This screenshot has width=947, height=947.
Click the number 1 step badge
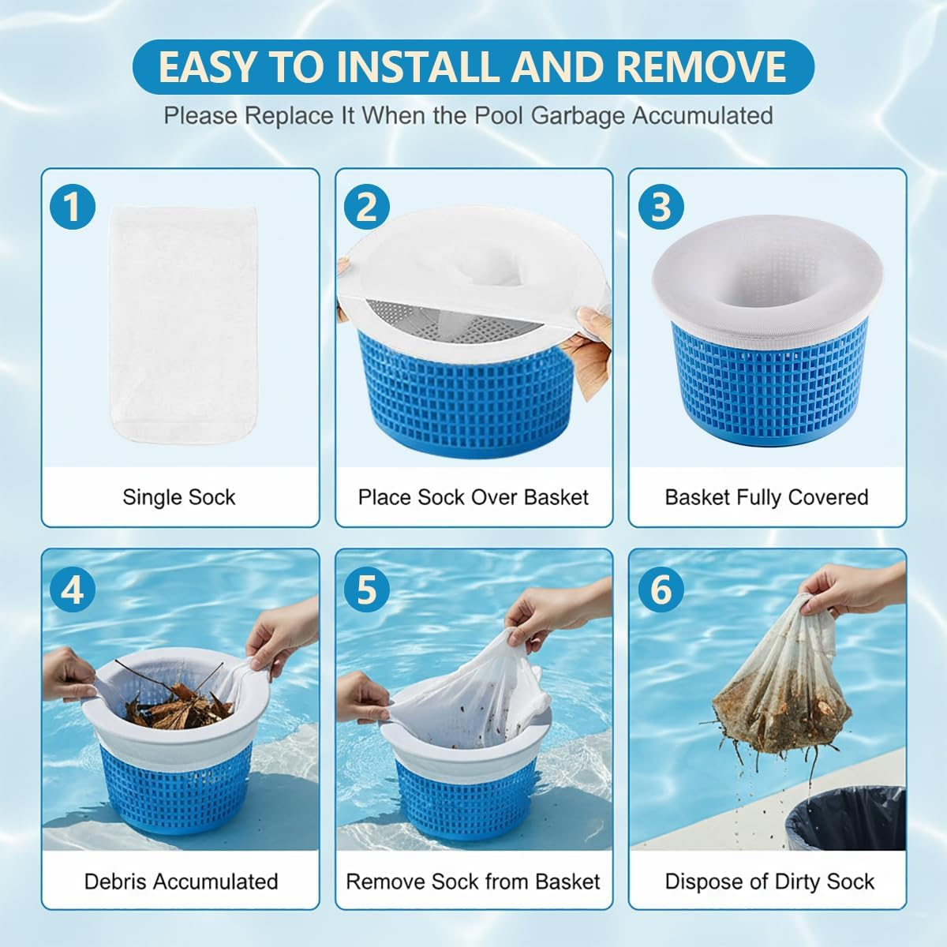point(73,208)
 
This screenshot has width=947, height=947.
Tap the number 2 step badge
point(367,208)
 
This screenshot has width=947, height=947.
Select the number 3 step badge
point(661,208)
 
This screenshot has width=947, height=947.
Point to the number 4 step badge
point(73,589)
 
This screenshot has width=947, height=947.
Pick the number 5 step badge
point(367,589)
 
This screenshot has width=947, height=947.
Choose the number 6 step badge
point(661,589)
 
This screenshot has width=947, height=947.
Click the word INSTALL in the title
point(419,66)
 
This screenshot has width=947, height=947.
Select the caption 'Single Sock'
point(179,497)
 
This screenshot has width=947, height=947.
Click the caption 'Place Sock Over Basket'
point(473,497)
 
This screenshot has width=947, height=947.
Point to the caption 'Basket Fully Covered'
point(766,497)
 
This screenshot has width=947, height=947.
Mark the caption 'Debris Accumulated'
point(181,881)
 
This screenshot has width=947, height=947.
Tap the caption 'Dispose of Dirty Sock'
point(769,881)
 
